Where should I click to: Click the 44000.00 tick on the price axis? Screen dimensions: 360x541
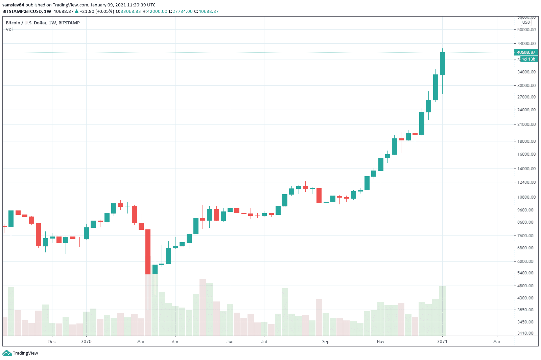[x=526, y=44]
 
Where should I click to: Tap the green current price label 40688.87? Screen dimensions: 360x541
[x=526, y=52]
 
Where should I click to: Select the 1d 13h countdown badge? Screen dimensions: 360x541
[x=528, y=59]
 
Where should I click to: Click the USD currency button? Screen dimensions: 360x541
[x=526, y=22]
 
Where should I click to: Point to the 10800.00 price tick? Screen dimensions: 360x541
[x=526, y=197]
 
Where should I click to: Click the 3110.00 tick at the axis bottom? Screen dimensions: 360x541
[x=526, y=333]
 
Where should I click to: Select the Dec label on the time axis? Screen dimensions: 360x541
[x=52, y=342]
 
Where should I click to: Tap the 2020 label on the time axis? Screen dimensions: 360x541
[x=86, y=342]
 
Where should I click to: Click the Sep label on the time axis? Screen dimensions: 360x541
[x=326, y=342]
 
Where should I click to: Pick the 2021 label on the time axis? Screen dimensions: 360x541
[x=442, y=342]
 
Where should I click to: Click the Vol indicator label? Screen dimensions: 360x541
[x=9, y=29]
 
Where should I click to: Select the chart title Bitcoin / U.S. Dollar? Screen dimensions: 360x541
[x=43, y=23]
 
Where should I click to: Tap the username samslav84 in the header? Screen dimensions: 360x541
[x=13, y=5]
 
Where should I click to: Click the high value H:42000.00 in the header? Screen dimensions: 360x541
[x=155, y=12]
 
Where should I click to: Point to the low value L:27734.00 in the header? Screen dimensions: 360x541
[x=181, y=12]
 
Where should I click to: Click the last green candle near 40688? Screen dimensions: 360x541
[x=442, y=64]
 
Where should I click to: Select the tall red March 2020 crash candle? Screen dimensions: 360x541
[x=148, y=252]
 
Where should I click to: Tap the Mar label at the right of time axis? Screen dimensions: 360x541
[x=497, y=342]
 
